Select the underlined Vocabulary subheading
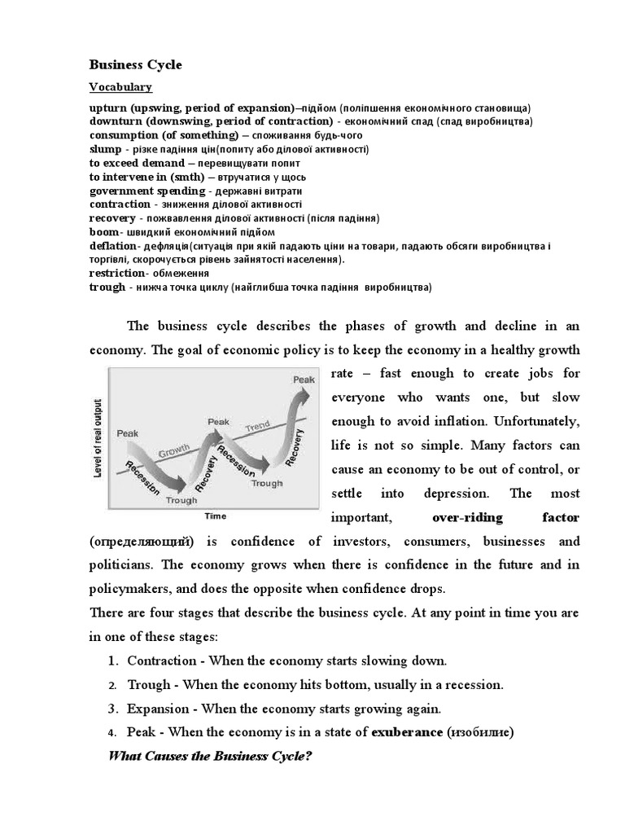(120, 86)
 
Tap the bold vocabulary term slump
(106, 149)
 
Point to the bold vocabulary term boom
(103, 232)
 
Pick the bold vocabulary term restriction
(116, 273)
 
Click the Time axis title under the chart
(215, 516)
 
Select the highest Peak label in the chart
(304, 380)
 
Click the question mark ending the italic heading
(309, 756)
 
